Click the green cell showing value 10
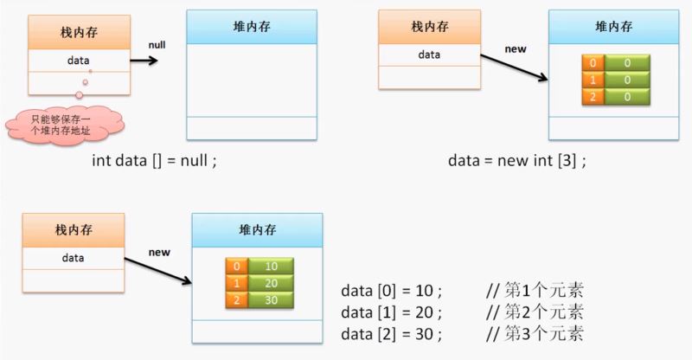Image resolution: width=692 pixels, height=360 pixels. [271, 267]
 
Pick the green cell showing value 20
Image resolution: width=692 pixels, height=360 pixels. [271, 283]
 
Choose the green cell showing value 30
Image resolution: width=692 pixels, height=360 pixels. [271, 299]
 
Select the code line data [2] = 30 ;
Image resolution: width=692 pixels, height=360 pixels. [392, 333]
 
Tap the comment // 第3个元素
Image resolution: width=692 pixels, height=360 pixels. [535, 333]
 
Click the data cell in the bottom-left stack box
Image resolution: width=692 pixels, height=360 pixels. [73, 258]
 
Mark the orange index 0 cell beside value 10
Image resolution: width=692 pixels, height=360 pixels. [235, 267]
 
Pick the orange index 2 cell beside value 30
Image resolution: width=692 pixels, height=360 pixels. [235, 299]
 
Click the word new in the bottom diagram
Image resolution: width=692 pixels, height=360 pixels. [159, 252]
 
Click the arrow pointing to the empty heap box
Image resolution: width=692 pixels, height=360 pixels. [144, 61]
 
